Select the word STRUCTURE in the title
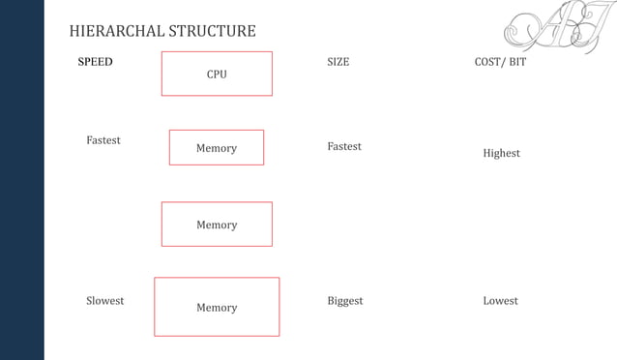click(212, 31)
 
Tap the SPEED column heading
click(95, 62)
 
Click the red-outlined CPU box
click(217, 74)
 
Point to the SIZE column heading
click(338, 62)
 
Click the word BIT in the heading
click(517, 62)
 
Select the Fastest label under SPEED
click(103, 140)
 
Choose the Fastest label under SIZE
click(344, 146)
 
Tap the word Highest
click(501, 153)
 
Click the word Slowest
click(104, 301)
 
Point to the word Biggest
click(345, 301)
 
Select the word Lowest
click(500, 301)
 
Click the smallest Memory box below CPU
click(217, 148)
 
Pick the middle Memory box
click(217, 225)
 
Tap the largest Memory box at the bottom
click(217, 307)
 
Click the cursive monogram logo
click(550, 27)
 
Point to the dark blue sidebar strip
click(21, 180)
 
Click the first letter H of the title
click(74, 31)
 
